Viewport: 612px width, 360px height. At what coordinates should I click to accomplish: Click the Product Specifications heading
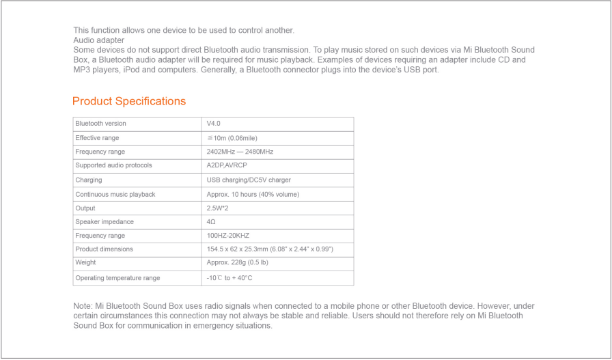129,101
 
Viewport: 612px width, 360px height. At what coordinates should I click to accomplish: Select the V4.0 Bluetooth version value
214,124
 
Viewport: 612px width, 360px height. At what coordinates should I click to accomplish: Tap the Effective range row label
98,138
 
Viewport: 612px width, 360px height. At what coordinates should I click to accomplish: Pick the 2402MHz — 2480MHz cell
240,152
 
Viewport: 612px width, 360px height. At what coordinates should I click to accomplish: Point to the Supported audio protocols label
113,166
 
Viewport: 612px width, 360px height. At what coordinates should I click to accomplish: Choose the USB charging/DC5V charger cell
249,180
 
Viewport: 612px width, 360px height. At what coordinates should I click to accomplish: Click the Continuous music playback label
115,195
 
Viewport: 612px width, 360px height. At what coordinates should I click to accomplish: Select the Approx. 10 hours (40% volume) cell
253,195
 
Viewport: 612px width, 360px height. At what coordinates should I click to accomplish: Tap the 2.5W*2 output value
218,208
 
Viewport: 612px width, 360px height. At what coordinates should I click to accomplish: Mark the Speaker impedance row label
105,222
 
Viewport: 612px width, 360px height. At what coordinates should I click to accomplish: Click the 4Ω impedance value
211,222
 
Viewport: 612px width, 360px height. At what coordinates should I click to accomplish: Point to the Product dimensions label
105,249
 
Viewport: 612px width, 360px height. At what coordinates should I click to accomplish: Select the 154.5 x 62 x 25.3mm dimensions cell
270,249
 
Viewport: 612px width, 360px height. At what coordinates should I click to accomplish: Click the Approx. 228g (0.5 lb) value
237,263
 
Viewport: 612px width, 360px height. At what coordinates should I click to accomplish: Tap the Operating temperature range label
117,278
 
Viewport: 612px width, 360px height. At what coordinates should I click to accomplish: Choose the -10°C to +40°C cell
229,278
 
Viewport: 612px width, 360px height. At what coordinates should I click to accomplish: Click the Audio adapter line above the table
98,40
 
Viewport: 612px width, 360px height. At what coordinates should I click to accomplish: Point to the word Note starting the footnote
82,306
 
